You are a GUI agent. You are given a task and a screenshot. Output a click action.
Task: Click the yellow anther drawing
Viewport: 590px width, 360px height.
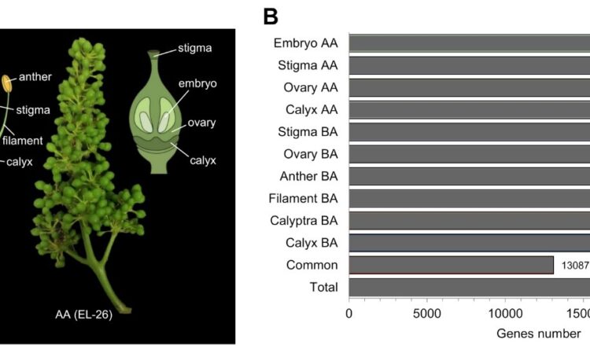[x=7, y=83]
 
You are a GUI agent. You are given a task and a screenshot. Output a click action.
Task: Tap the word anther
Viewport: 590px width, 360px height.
[x=35, y=77]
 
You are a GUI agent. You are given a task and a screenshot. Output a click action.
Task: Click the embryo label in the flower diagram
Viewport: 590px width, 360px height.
[x=197, y=83]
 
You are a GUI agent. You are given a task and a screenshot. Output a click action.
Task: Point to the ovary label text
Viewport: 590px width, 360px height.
[x=201, y=123]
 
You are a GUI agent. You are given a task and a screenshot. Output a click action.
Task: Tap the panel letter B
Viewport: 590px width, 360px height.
[x=271, y=16]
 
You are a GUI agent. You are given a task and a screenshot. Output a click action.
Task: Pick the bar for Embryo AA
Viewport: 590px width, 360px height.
[x=469, y=43]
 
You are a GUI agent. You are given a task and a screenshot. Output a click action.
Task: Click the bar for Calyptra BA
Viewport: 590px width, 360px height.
[x=469, y=221]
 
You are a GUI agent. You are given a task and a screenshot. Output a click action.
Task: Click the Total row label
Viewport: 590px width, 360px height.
[x=323, y=288]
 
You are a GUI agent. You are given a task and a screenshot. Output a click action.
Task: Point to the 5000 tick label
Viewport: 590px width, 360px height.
[x=426, y=313]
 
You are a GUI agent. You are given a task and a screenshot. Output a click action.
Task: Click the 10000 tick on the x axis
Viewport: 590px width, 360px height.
[x=503, y=313]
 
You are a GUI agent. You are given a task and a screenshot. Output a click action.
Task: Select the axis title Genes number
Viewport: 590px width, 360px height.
[x=538, y=333]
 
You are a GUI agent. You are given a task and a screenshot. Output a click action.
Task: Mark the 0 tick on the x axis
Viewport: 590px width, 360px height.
[x=348, y=313]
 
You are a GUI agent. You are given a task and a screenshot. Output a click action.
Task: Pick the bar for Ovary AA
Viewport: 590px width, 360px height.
[x=469, y=87]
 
